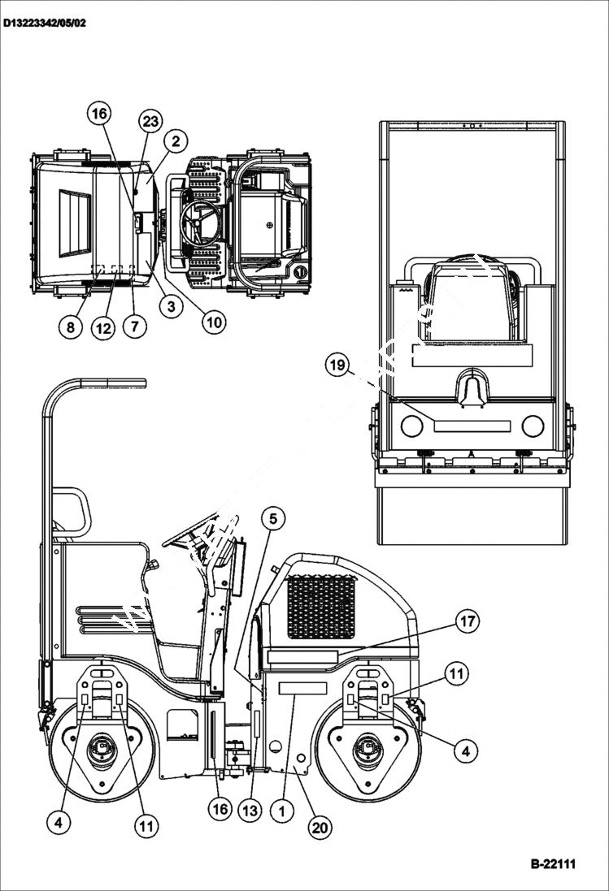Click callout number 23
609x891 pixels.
click(x=150, y=122)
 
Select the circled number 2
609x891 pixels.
click(x=175, y=141)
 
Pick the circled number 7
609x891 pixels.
click(x=134, y=327)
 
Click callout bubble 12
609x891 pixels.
click(x=102, y=329)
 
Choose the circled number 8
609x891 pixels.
click(x=71, y=327)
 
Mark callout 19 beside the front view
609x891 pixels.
click(x=337, y=365)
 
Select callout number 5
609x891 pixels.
click(x=273, y=517)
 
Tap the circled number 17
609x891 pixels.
click(x=466, y=622)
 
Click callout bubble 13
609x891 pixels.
click(x=250, y=810)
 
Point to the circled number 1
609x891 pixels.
click(x=282, y=810)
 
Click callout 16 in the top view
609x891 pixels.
click(x=99, y=114)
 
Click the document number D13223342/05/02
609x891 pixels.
click(x=44, y=23)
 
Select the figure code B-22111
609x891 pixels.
click(x=553, y=863)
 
